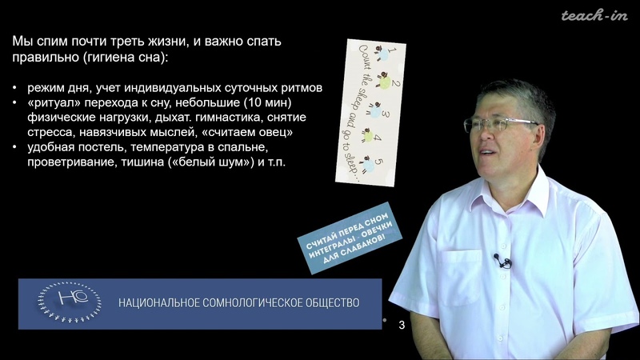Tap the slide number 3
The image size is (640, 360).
[402, 325]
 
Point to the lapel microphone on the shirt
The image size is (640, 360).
[502, 261]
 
